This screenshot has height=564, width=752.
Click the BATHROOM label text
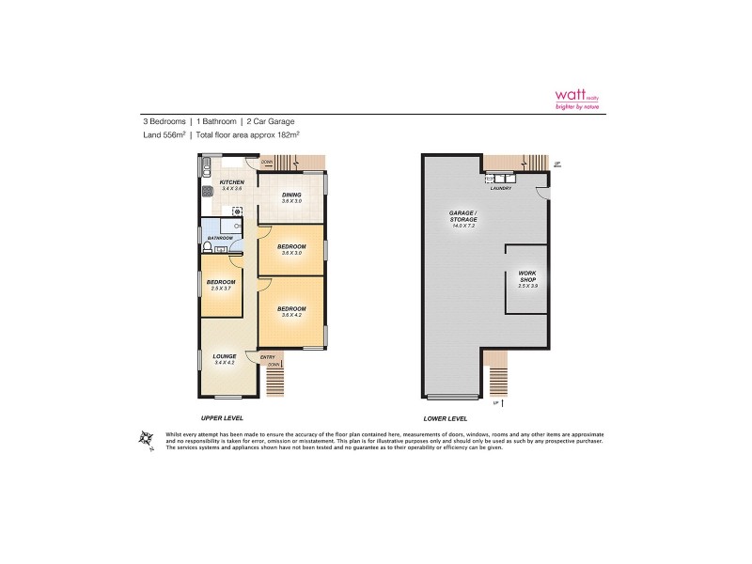pos(220,239)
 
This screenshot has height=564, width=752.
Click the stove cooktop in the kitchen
pos(207,192)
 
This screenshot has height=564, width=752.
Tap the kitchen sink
pos(204,169)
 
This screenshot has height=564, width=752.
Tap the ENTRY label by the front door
pos(268,356)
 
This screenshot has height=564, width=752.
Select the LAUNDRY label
pos(500,187)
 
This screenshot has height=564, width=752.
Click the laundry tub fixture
pos(497,177)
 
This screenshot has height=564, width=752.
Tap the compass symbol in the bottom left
pos(145,438)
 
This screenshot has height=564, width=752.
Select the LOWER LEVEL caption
pos(446,416)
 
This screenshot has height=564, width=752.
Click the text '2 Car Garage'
pos(274,121)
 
